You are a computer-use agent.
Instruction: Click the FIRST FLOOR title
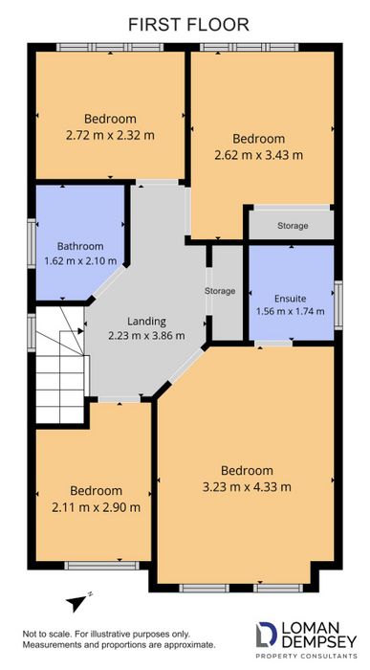click(x=188, y=24)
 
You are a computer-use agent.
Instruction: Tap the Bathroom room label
click(x=80, y=246)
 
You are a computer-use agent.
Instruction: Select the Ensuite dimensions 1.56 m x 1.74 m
click(x=291, y=311)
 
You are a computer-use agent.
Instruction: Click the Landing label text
click(x=146, y=322)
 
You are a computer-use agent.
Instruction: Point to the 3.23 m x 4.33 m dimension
click(x=247, y=486)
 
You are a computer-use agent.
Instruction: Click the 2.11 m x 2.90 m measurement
click(x=96, y=507)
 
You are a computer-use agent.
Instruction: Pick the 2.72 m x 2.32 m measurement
click(x=110, y=136)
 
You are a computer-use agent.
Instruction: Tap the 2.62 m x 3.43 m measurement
click(x=258, y=155)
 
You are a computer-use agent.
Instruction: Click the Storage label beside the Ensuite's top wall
click(x=293, y=225)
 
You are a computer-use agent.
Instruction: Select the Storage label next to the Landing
click(x=220, y=291)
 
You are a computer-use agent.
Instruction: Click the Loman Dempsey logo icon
click(x=266, y=634)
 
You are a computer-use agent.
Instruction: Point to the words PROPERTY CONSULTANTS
click(x=306, y=656)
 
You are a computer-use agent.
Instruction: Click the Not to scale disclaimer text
click(x=119, y=639)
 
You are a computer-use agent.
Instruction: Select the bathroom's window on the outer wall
click(x=32, y=243)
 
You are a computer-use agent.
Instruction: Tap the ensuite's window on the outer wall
click(x=338, y=304)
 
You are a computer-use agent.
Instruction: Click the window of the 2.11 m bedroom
click(x=101, y=566)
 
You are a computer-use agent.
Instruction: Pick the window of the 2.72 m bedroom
click(x=110, y=47)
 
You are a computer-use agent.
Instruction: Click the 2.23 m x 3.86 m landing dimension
click(x=146, y=336)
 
